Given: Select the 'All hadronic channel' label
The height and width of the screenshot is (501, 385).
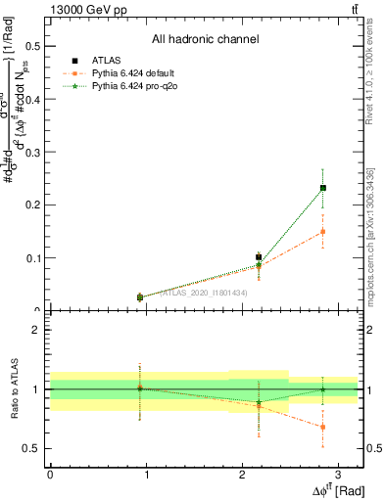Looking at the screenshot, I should (x=205, y=40).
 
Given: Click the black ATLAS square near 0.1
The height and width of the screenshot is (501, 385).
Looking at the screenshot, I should (x=259, y=257).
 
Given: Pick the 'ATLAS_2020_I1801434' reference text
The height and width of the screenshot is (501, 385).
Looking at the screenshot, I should (x=204, y=293).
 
